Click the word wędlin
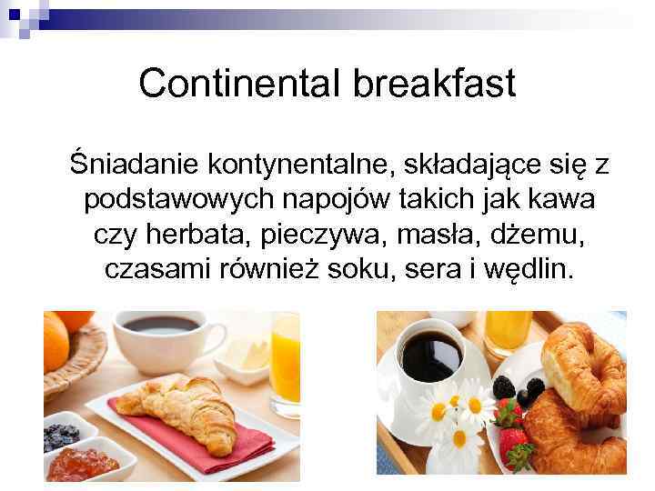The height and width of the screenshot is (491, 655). (534, 269)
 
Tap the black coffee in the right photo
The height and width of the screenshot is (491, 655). (431, 356)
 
